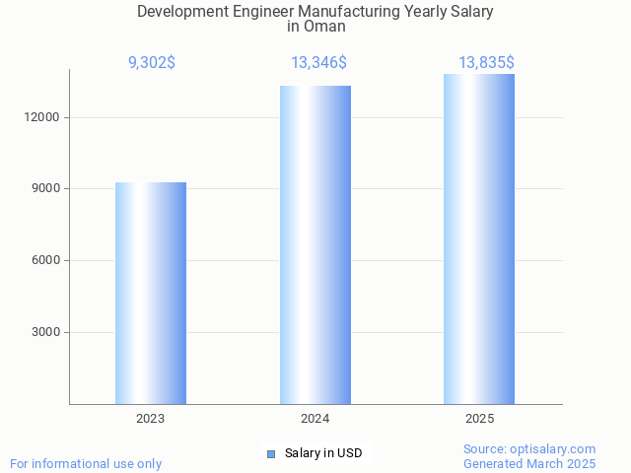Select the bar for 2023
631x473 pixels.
(x=151, y=293)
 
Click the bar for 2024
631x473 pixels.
(x=315, y=244)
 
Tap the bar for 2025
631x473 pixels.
(x=479, y=238)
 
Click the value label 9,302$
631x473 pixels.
(x=151, y=62)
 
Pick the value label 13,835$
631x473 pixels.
(x=486, y=62)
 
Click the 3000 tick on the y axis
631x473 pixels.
(x=46, y=332)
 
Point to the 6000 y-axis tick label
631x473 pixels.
(x=46, y=260)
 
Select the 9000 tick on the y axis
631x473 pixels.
(x=46, y=188)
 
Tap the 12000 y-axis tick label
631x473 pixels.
(x=43, y=117)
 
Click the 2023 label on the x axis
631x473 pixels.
(x=151, y=419)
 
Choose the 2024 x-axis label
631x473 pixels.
(x=315, y=419)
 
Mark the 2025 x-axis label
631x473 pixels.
(x=479, y=419)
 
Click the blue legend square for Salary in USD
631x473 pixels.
(x=271, y=454)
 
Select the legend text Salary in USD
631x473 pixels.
(x=323, y=453)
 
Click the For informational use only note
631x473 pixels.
(x=86, y=463)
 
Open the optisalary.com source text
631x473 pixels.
(x=529, y=448)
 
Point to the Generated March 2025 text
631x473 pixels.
(x=529, y=463)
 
